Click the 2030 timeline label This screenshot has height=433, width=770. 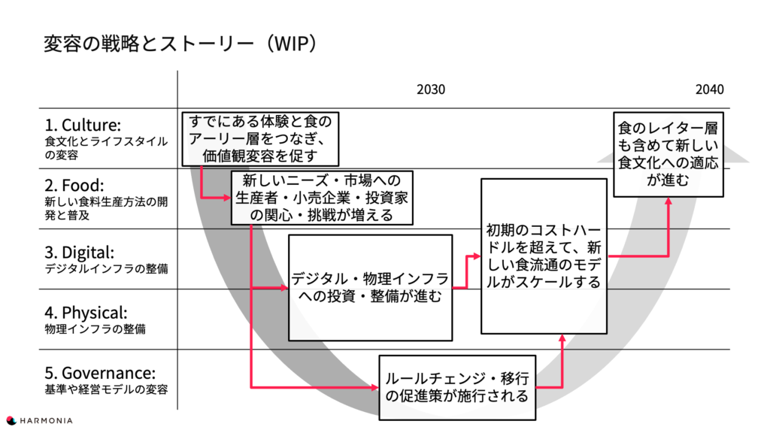[x=431, y=89]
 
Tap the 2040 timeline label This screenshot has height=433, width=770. [x=709, y=89]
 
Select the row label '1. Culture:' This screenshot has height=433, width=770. [x=83, y=125]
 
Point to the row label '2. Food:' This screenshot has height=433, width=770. [x=74, y=185]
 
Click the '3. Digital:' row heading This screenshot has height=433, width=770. [x=80, y=253]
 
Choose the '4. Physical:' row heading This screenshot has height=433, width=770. [x=86, y=313]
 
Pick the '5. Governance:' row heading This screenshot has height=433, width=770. [x=100, y=373]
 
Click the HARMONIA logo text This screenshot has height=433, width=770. [x=46, y=421]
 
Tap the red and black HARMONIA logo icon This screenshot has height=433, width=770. [x=11, y=420]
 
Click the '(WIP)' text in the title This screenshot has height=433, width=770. [x=292, y=43]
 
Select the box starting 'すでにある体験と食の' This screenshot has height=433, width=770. [x=260, y=139]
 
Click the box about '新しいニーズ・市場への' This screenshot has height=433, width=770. [x=322, y=198]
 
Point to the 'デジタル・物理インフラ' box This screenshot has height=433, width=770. [x=370, y=288]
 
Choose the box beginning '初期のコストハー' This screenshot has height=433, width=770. [x=544, y=256]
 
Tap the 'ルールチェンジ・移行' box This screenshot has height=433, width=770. [x=457, y=388]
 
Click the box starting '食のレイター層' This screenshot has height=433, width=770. [x=668, y=155]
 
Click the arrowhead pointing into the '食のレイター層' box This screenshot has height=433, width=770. [x=668, y=201]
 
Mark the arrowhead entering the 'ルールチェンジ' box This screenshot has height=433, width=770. [x=375, y=388]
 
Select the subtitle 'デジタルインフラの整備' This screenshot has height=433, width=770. [x=106, y=269]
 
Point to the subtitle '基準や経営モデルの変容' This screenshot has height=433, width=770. [x=106, y=390]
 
